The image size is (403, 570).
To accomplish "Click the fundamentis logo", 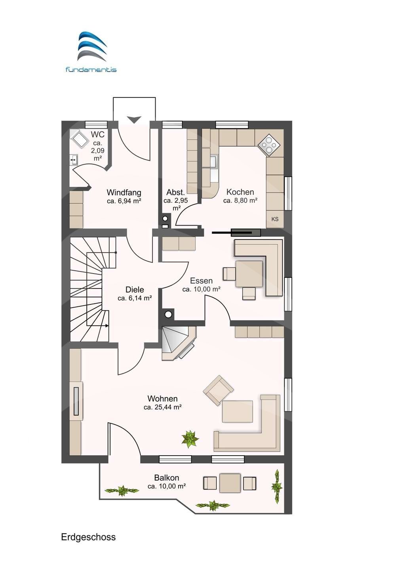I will click(91, 52).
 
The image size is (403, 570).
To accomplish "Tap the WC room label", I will click(97, 135).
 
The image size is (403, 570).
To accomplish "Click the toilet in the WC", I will click(80, 139).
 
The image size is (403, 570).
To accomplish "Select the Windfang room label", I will click(124, 193).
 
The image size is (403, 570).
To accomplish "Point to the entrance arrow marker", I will click(134, 119).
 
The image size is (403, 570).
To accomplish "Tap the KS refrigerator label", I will click(275, 219).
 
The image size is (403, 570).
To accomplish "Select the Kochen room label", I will click(240, 192).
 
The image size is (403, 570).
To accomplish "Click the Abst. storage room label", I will click(175, 192).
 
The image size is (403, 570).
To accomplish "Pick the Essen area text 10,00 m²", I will click(201, 289).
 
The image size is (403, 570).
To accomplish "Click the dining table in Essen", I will click(249, 274).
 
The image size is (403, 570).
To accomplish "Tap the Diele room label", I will click(135, 289).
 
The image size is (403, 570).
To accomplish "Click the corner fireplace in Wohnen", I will click(176, 341).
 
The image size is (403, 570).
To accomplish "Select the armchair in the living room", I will click(218, 390).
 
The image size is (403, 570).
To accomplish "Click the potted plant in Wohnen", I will click(190, 439).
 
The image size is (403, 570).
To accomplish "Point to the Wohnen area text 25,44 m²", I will click(163, 407).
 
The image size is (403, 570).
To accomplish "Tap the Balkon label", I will click(167, 478).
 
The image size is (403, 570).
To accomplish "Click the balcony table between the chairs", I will click(230, 483).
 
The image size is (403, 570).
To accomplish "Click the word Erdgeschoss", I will click(88, 537).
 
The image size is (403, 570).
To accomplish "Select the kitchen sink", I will click(213, 161).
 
